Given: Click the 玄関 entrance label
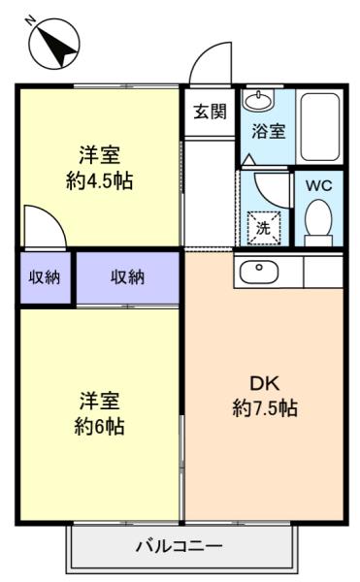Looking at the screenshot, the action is pyautogui.click(x=210, y=111).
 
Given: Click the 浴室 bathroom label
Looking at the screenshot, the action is pyautogui.click(x=268, y=131).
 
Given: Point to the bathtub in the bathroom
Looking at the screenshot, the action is pyautogui.click(x=319, y=126).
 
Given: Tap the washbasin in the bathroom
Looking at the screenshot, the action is pyautogui.click(x=258, y=99).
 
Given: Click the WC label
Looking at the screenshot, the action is pyautogui.click(x=319, y=185).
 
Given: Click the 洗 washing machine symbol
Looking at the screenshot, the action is pyautogui.click(x=264, y=228).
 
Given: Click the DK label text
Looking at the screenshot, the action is pyautogui.click(x=264, y=384).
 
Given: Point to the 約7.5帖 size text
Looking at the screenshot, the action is pyautogui.click(x=265, y=408).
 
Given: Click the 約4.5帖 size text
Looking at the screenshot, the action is pyautogui.click(x=100, y=181).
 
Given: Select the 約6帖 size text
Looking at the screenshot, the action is pyautogui.click(x=100, y=427).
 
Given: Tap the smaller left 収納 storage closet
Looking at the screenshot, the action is pyautogui.click(x=45, y=277).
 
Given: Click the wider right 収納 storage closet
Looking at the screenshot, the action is pyautogui.click(x=128, y=277).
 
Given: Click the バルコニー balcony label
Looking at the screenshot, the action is pyautogui.click(x=179, y=546).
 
